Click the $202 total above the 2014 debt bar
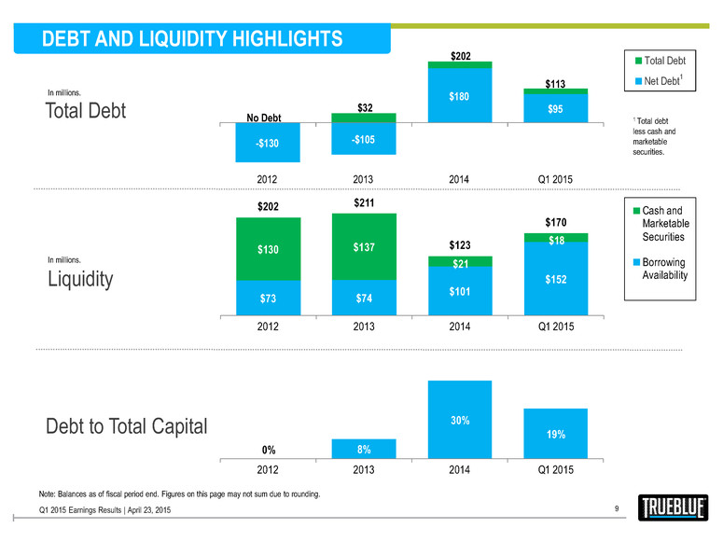tap(459, 56)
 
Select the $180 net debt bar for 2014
tap(459, 94)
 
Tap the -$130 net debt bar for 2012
tap(269, 143)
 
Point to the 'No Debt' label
tap(270, 118)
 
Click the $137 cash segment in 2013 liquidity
tap(364, 247)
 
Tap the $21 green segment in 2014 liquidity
tap(459, 263)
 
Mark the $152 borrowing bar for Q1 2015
tap(555, 278)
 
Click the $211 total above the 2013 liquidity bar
tap(364, 201)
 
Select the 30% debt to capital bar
tap(459, 420)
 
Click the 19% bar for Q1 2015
tap(555, 434)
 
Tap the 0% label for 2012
tap(269, 449)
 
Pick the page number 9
tap(618, 507)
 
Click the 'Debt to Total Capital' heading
tap(127, 427)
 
